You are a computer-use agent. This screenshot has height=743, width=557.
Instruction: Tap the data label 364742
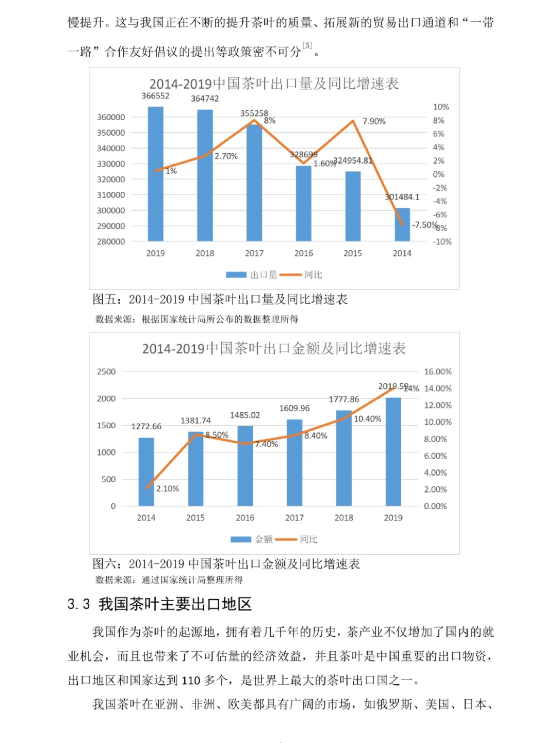click(x=205, y=99)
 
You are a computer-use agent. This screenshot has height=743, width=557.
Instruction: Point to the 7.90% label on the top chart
click(x=374, y=121)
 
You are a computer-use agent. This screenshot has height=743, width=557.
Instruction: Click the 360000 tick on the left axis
click(x=111, y=117)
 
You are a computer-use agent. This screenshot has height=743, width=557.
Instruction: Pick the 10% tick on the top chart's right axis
click(x=441, y=107)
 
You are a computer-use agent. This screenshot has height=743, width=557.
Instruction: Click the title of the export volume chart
click(x=274, y=84)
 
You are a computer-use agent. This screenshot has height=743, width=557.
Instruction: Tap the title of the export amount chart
click(x=274, y=349)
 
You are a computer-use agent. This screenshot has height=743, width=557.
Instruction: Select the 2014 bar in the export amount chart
click(x=146, y=472)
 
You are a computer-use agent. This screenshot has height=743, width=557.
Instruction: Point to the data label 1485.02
click(x=245, y=415)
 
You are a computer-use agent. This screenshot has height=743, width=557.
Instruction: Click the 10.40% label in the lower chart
click(x=367, y=419)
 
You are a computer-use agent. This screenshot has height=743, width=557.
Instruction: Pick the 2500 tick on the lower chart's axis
click(x=106, y=372)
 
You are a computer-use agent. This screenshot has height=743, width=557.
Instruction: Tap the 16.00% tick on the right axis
click(x=437, y=372)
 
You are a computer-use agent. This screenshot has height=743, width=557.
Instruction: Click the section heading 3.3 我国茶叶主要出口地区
click(x=159, y=604)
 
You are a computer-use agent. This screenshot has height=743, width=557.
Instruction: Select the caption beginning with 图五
click(x=220, y=299)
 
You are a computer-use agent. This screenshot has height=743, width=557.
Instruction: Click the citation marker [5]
click(x=307, y=45)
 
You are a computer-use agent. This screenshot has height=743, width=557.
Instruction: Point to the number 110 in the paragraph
click(x=191, y=681)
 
